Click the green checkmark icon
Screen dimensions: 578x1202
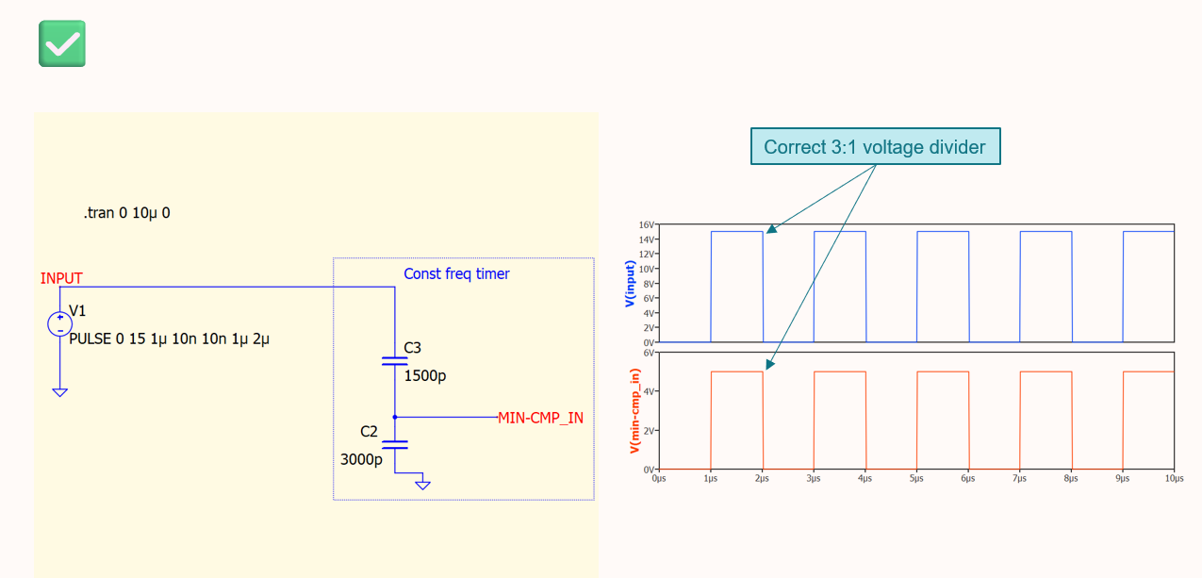[62, 43]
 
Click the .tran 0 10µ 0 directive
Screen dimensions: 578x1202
[126, 213]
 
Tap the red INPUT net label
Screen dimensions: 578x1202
[61, 278]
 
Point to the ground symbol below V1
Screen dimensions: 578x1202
[59, 391]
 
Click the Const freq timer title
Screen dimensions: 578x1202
[456, 273]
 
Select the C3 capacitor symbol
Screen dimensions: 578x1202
[395, 360]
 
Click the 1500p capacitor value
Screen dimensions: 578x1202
[424, 376]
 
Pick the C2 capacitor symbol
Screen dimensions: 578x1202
[395, 443]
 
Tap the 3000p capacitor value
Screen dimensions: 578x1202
[361, 460]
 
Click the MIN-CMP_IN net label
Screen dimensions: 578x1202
[540, 418]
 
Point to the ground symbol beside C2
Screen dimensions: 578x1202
[423, 484]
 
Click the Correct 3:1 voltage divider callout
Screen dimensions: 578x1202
[874, 147]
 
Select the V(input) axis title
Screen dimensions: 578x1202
[629, 285]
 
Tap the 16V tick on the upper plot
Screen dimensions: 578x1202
[646, 225]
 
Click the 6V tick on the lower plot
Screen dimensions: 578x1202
[649, 353]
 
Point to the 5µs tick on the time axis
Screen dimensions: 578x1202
[915, 479]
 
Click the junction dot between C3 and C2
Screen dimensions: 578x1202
[395, 416]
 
